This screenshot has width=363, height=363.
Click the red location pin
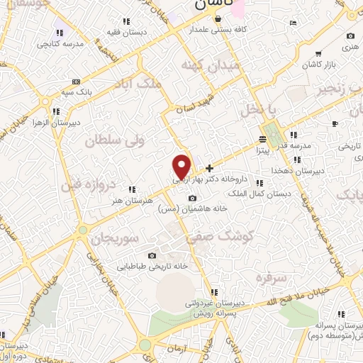(x=181, y=167)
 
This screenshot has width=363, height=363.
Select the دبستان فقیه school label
(x=126, y=32)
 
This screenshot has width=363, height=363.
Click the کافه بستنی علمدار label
(x=218, y=30)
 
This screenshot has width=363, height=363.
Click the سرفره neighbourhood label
(x=272, y=277)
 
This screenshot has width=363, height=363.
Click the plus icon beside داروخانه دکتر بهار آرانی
(x=209, y=169)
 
